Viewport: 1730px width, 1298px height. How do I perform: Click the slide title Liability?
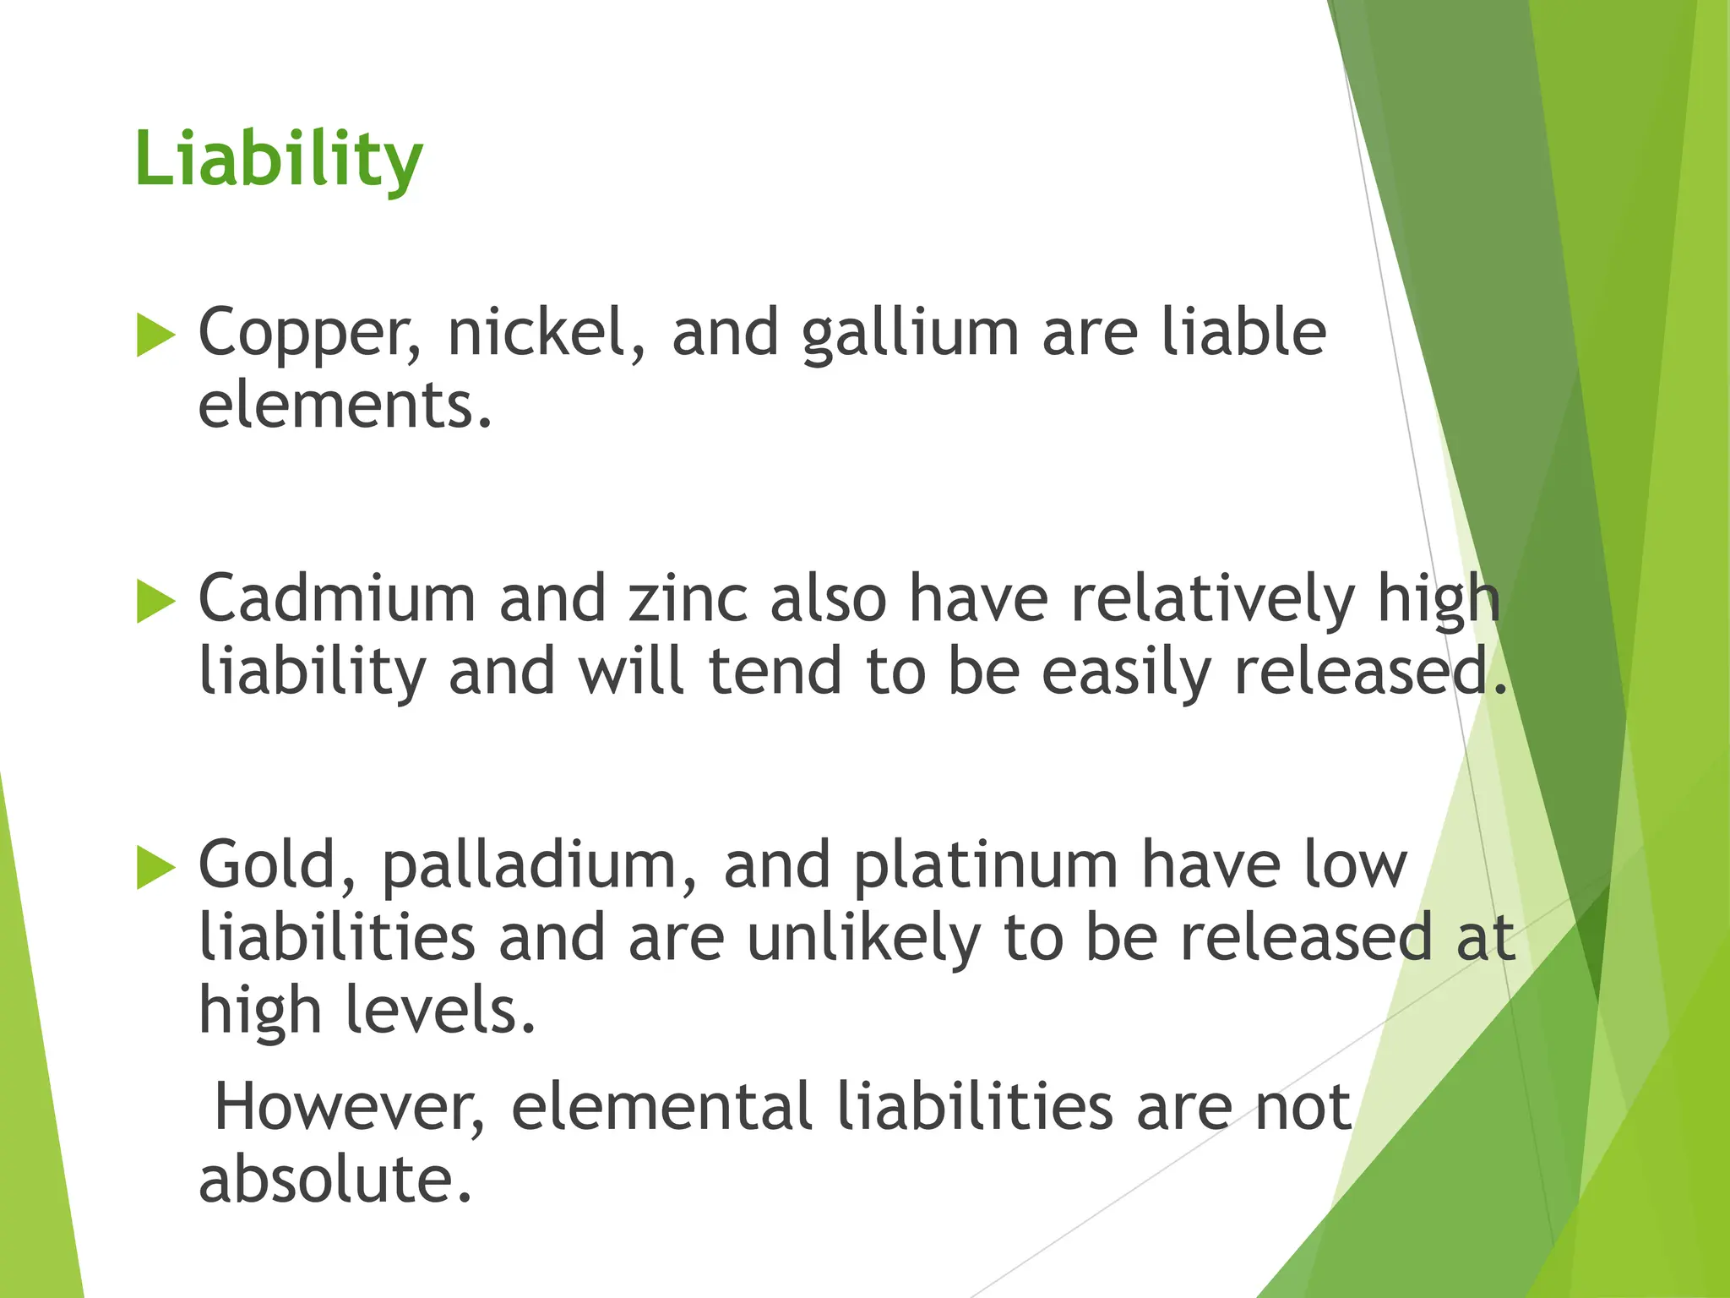click(x=278, y=161)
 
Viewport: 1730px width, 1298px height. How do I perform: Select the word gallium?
click(x=911, y=334)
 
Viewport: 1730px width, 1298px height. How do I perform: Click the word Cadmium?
click(x=337, y=599)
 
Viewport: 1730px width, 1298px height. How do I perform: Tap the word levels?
click(x=440, y=1011)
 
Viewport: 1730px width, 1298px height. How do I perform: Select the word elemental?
click(x=661, y=1107)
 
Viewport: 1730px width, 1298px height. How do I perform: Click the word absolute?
click(x=335, y=1180)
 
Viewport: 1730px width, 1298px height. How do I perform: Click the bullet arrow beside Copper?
click(x=155, y=335)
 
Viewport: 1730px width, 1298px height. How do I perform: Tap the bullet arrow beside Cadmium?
click(x=155, y=602)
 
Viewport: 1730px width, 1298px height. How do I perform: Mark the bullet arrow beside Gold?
click(x=155, y=868)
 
